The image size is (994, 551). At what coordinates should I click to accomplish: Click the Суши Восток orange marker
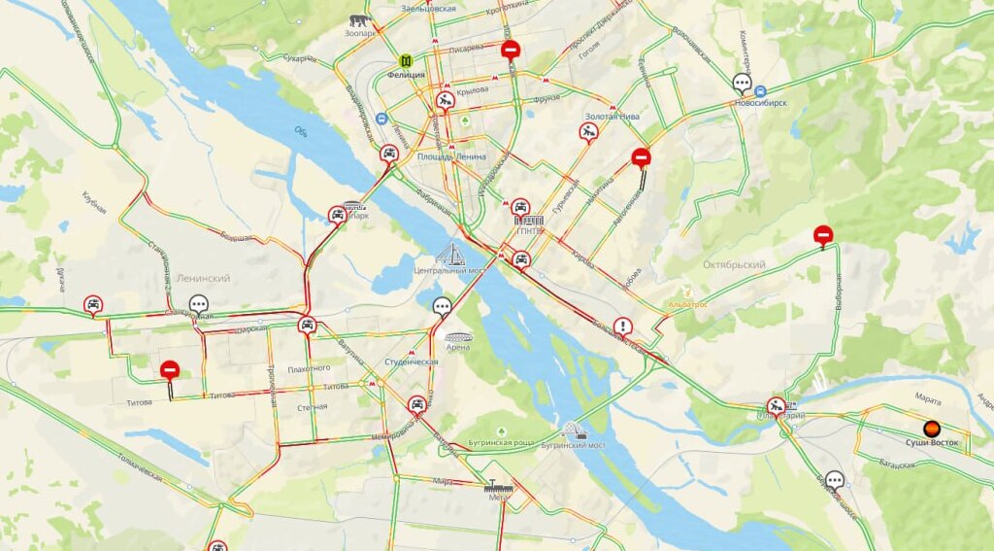pos(931,428)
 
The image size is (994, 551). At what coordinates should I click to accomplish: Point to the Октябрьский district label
pos(733,264)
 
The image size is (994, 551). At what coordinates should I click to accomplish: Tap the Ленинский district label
pos(203,278)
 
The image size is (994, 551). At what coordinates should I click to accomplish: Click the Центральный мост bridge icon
pos(448,255)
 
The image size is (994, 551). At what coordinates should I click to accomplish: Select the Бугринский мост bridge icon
pos(574,430)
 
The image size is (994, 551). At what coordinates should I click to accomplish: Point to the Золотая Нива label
pos(612,117)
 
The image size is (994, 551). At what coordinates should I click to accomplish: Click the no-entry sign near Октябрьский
pos(822,234)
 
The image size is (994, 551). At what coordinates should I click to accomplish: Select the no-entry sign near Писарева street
pos(511,50)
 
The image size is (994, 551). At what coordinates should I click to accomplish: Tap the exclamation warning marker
pos(622,327)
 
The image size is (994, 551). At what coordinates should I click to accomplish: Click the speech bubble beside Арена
pos(442,307)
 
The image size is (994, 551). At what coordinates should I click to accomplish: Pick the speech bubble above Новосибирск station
pos(743,83)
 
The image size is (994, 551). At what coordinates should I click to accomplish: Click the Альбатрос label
pos(688,304)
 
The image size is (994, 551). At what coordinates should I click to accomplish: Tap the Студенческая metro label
pos(411,362)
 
